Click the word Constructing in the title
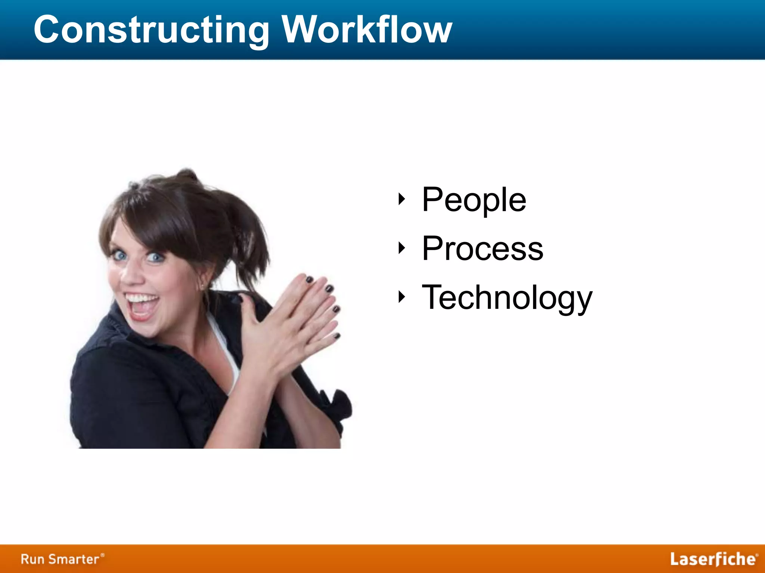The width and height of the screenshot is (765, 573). pyautogui.click(x=151, y=30)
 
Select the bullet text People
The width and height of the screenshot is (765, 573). pyautogui.click(x=474, y=200)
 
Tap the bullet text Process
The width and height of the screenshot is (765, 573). pyautogui.click(x=482, y=248)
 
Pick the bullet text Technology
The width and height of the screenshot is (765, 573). pyautogui.click(x=507, y=298)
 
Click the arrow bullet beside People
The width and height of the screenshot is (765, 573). pyautogui.click(x=402, y=199)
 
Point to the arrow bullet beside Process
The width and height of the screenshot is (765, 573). pyautogui.click(x=402, y=248)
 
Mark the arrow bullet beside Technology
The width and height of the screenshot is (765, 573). pyautogui.click(x=402, y=297)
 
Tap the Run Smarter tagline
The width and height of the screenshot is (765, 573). pyautogui.click(x=62, y=559)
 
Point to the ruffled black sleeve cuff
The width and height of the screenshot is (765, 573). pyautogui.click(x=336, y=407)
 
